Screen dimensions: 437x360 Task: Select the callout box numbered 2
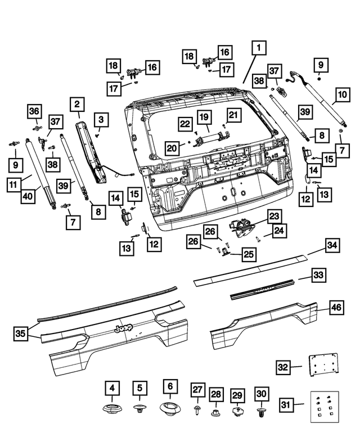coord(77,104)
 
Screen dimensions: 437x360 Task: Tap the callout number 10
coord(342,94)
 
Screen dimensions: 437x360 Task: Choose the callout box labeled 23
coord(273,217)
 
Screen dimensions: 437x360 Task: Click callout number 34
coord(333,246)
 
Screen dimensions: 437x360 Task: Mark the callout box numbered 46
coord(335,308)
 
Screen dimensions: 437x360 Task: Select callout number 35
coord(21,333)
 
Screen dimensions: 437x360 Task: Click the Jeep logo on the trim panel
coord(123,330)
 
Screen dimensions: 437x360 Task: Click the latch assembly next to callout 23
coord(241,226)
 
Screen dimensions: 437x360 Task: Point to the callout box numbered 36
coord(34,111)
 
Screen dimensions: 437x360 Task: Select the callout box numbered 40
coord(27,196)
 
